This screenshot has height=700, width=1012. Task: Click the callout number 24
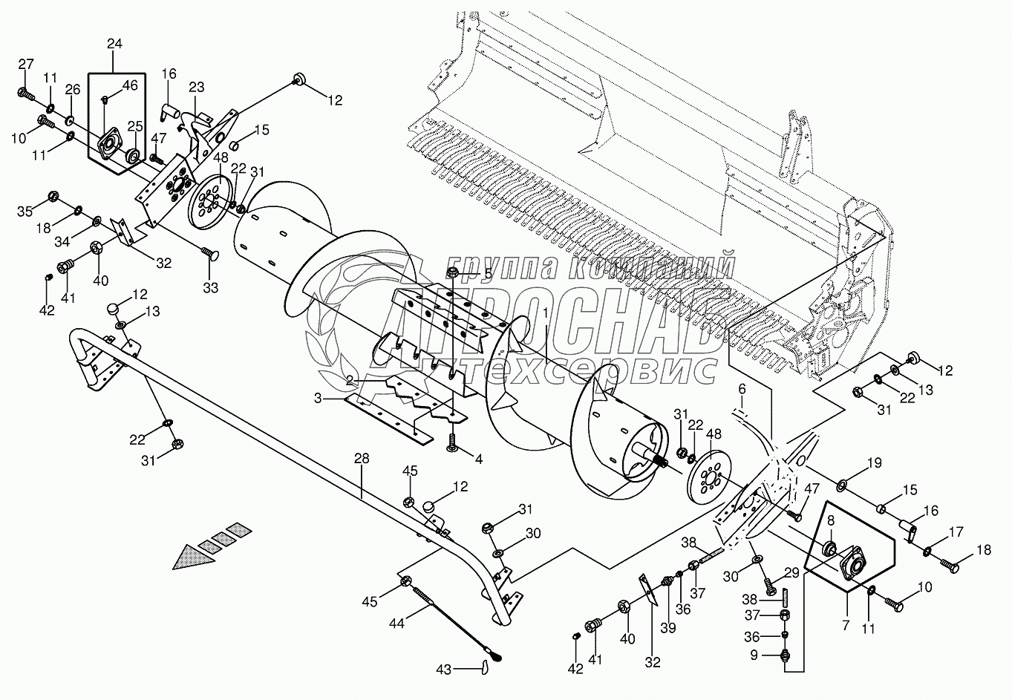pos(114,44)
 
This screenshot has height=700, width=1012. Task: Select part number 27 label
pos(26,64)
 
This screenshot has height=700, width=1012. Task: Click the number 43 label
pos(444,670)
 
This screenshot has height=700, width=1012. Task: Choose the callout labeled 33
pos(210,287)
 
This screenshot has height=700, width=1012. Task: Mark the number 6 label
pos(741,388)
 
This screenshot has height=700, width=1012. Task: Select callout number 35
pos(25,212)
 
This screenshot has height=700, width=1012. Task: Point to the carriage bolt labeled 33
pos(206,256)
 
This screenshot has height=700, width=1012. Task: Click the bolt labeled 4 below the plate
pos(451,443)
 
